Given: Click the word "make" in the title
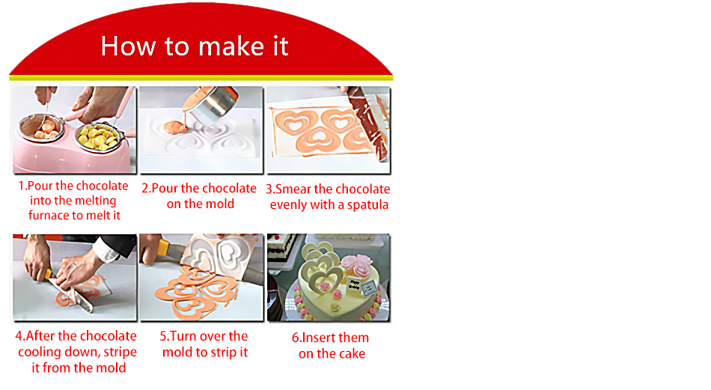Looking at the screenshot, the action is coord(231,46).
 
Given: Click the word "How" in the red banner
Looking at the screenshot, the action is coord(128,46).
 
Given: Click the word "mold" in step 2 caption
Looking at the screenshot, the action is coord(219,204).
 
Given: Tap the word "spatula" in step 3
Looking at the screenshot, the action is coord(367,205).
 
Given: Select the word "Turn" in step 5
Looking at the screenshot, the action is coord(183,337).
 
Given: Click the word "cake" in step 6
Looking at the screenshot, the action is coord(352,354).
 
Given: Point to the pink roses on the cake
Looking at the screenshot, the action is coord(356,266).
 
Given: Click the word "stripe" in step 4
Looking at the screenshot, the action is coord(120,353).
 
